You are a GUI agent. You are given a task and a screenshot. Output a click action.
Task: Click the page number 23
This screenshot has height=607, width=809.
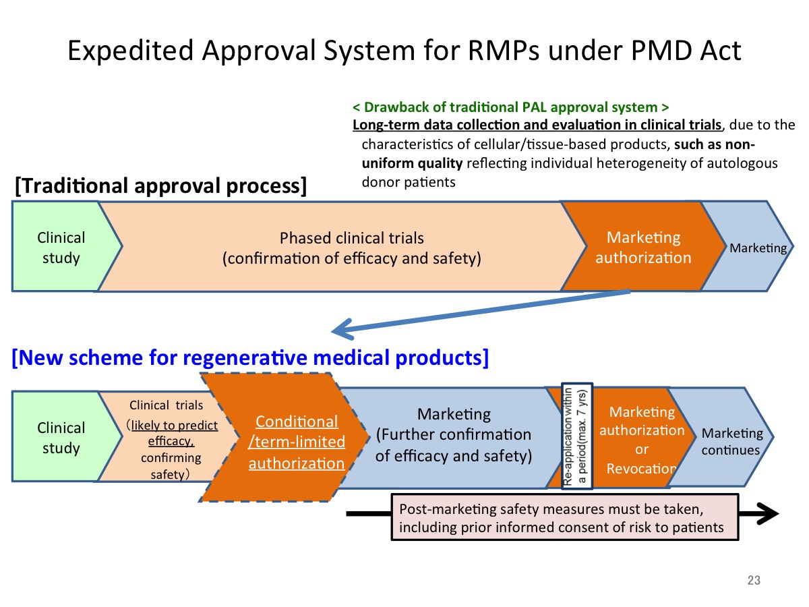coord(754,580)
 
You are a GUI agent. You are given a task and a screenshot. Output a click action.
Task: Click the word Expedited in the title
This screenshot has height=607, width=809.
coord(131,51)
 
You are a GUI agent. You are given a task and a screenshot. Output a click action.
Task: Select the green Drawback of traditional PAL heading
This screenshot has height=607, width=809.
coord(510,107)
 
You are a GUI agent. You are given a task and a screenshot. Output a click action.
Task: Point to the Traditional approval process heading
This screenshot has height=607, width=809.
coord(160,185)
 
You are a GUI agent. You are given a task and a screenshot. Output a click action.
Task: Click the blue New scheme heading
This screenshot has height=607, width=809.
coord(250,357)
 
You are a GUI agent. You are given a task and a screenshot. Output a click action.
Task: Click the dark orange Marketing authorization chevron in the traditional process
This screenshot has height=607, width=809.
coord(642,246)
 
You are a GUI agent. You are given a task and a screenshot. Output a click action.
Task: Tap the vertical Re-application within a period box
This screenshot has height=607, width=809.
coord(577,436)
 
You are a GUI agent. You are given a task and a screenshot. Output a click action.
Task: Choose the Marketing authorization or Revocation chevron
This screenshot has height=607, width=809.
coord(641,438)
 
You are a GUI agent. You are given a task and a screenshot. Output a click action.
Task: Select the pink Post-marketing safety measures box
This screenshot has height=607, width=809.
coord(565,517)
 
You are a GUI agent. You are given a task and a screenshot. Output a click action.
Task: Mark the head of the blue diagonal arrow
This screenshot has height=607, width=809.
coord(333,331)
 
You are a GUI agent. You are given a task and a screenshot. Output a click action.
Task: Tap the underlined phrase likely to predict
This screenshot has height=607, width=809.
coord(175,426)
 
